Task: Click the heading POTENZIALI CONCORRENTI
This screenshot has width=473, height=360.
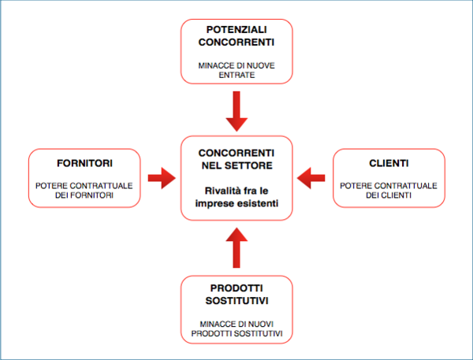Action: pos(236,36)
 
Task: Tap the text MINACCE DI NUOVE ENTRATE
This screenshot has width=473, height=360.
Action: pos(236,70)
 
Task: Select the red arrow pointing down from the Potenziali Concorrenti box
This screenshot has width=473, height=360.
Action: pos(236,111)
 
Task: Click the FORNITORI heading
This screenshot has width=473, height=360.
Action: pos(84,163)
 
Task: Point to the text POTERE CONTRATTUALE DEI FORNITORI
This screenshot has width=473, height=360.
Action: pos(84,191)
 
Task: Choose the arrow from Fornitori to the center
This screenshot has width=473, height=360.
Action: pos(162,178)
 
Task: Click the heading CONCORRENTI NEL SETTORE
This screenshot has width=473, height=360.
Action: pos(236,159)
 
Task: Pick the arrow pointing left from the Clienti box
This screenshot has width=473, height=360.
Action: pos(311,178)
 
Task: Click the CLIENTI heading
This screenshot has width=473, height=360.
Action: pos(389,163)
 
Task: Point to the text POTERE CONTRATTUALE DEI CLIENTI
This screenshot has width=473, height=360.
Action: pos(389,191)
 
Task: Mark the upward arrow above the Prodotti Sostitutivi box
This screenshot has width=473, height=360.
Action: pos(236,247)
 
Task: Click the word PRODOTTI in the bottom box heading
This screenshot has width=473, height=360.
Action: pos(236,288)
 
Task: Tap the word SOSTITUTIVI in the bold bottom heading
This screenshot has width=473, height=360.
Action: pos(236,301)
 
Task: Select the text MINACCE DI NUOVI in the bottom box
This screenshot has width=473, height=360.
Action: pos(236,324)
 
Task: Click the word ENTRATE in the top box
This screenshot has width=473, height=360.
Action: pos(236,75)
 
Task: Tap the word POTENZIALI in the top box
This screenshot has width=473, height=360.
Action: pos(236,30)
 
